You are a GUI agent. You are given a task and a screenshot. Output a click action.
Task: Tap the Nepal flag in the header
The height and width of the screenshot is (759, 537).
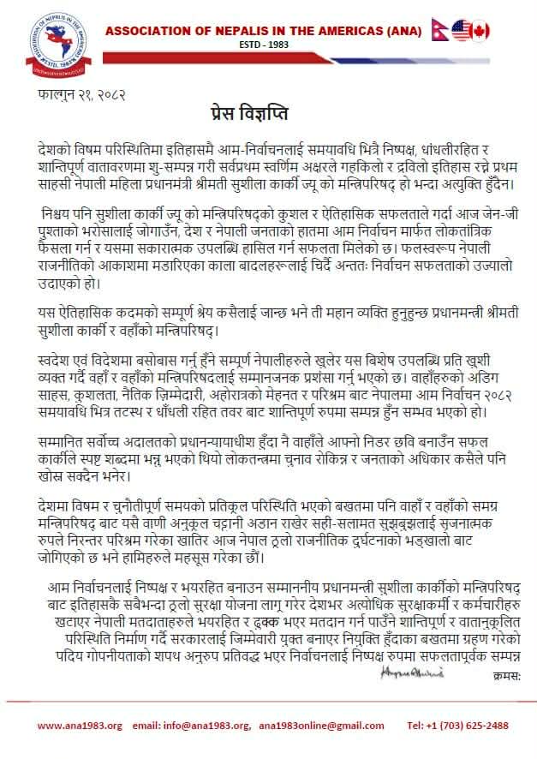[x=439, y=31]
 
